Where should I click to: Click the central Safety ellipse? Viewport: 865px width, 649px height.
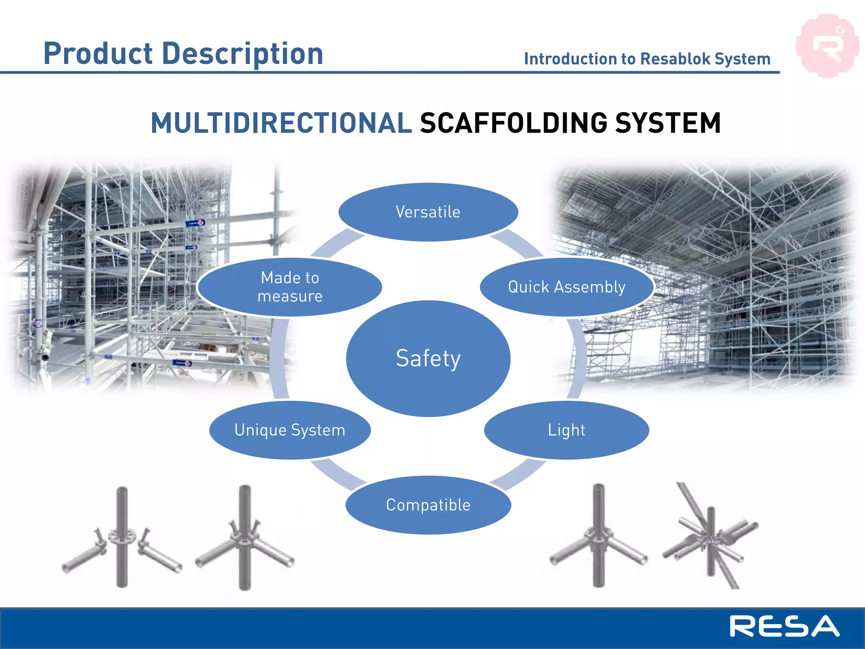click(428, 358)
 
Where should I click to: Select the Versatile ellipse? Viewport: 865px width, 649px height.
click(428, 212)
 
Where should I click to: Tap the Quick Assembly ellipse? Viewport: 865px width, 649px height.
click(566, 287)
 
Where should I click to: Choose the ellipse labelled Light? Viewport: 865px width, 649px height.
click(566, 430)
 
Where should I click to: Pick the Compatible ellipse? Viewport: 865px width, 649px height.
click(428, 505)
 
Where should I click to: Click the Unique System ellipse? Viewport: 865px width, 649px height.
click(290, 430)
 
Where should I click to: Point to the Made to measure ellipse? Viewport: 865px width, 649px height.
click(290, 287)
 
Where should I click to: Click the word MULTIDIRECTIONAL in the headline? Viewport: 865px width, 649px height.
click(281, 123)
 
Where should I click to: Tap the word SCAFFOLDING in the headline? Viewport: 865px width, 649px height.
click(513, 123)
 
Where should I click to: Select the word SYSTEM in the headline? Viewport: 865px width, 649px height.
click(668, 123)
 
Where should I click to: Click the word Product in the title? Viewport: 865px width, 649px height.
click(98, 54)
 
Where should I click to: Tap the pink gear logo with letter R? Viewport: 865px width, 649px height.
click(827, 46)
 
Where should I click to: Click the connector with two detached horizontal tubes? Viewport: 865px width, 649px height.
click(122, 541)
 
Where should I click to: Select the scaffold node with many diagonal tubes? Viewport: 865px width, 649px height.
click(711, 539)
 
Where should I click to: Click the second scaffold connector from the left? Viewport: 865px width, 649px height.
click(245, 541)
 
